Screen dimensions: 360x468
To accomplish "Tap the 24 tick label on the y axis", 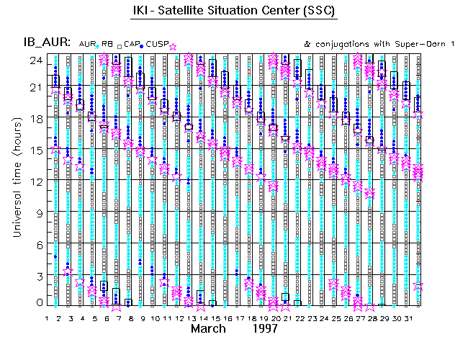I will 34,61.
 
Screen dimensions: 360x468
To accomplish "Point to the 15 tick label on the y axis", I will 34,149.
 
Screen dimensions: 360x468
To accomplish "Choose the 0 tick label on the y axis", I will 37,303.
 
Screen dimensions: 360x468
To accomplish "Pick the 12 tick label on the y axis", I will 34,181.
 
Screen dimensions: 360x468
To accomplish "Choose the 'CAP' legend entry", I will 132,45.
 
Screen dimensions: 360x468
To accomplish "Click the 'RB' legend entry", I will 109,45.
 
